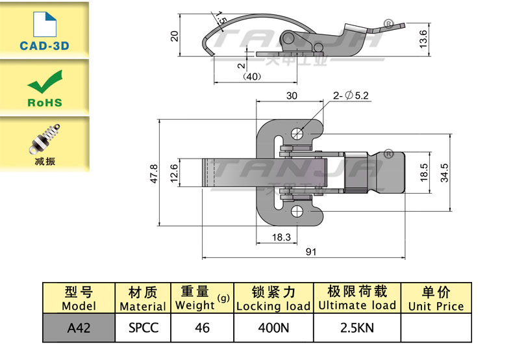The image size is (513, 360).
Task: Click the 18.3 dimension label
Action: [281, 238]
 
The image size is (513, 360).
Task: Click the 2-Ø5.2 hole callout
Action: [351, 96]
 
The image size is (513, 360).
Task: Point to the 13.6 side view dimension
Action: [423, 40]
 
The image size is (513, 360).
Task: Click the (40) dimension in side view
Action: [251, 77]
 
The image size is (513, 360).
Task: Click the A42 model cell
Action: [79, 328]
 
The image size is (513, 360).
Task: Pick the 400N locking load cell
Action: [273, 328]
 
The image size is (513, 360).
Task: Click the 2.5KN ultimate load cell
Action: [357, 328]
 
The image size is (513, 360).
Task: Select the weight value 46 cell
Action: [202, 328]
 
